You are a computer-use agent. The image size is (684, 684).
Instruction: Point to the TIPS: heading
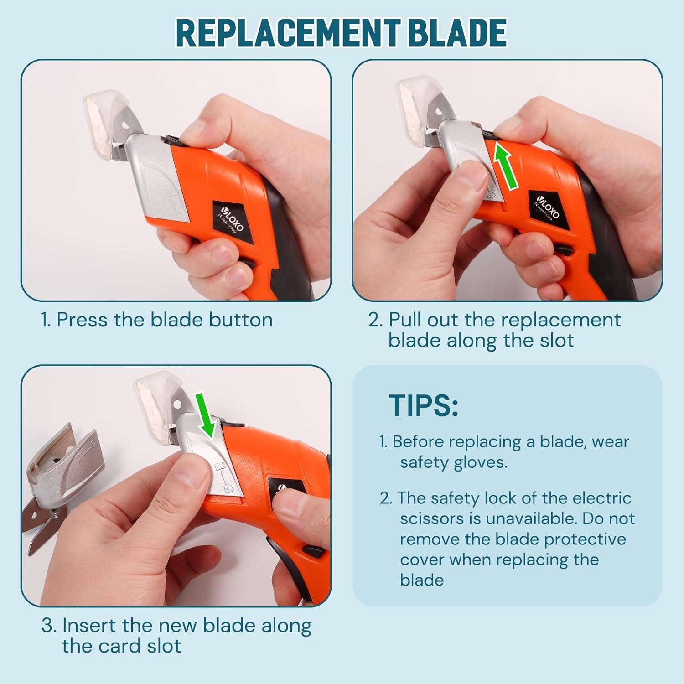click(x=423, y=405)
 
